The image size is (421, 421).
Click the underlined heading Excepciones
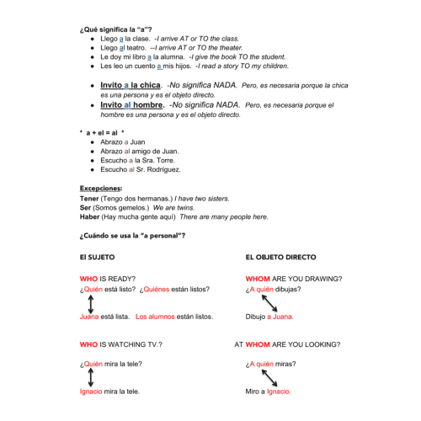click(x=100, y=189)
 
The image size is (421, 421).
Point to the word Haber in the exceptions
click(x=90, y=216)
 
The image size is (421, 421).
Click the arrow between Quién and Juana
click(x=91, y=303)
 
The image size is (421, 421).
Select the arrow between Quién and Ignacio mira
click(x=91, y=377)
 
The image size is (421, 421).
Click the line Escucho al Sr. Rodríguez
click(x=140, y=169)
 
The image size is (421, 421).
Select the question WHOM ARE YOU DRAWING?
click(x=293, y=278)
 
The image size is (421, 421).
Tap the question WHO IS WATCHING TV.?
click(x=120, y=344)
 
